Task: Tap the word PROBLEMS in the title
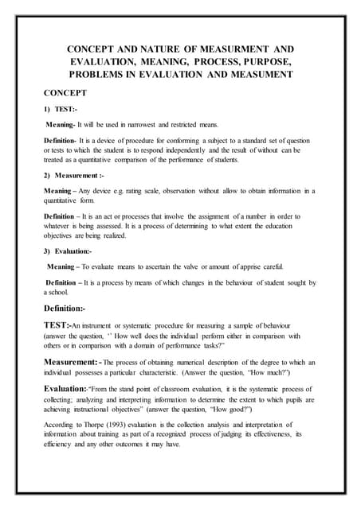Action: click(97, 74)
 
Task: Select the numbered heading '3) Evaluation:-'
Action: click(68, 251)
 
